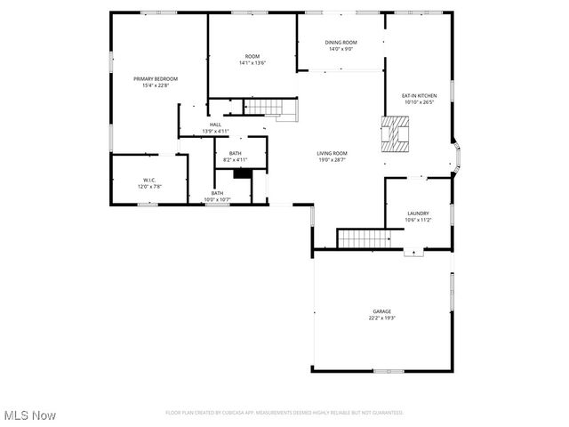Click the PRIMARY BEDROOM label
click(156, 79)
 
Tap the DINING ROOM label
click(341, 43)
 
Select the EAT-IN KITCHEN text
click(419, 95)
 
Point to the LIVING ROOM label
click(333, 153)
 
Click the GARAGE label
click(381, 311)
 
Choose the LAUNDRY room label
click(418, 213)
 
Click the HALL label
click(215, 125)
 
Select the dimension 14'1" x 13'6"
click(252, 63)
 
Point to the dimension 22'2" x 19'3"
click(381, 318)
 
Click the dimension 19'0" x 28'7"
click(333, 159)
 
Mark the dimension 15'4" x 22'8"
click(156, 85)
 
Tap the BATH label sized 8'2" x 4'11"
click(235, 153)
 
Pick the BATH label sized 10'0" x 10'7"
click(217, 193)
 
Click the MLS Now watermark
click(30, 415)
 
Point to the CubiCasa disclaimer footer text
click(284, 413)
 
